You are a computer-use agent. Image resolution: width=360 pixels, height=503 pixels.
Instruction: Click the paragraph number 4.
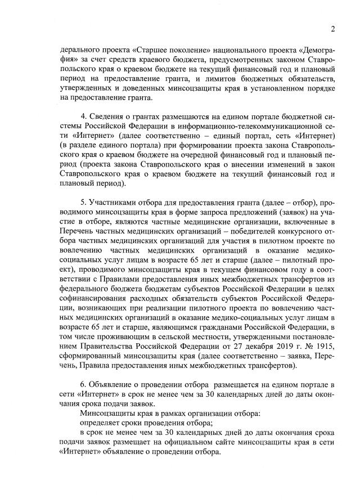tap(83, 116)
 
